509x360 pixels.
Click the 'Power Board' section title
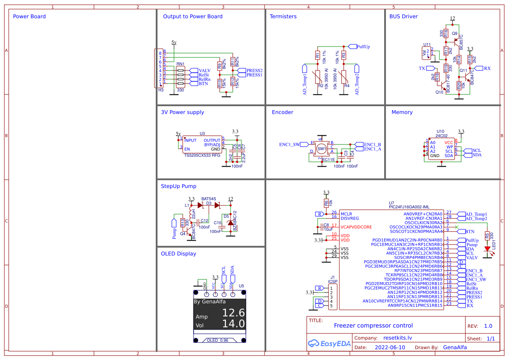tap(29, 17)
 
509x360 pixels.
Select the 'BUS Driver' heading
tap(403, 17)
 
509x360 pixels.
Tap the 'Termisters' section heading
tap(283, 17)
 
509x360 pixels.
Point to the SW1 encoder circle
tap(321, 149)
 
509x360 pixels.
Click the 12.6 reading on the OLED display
tap(234, 313)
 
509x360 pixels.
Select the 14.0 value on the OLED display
tap(234, 323)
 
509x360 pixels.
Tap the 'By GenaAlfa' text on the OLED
tap(210, 302)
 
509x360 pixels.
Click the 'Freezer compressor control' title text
tap(373, 326)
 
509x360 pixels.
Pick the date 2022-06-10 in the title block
tap(389, 347)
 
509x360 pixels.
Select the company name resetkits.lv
tap(397, 338)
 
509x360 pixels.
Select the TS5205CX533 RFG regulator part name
tap(202, 155)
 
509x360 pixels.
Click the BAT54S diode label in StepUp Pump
tap(208, 199)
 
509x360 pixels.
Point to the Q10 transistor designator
tap(439, 92)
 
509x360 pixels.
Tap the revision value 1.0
tap(488, 326)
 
